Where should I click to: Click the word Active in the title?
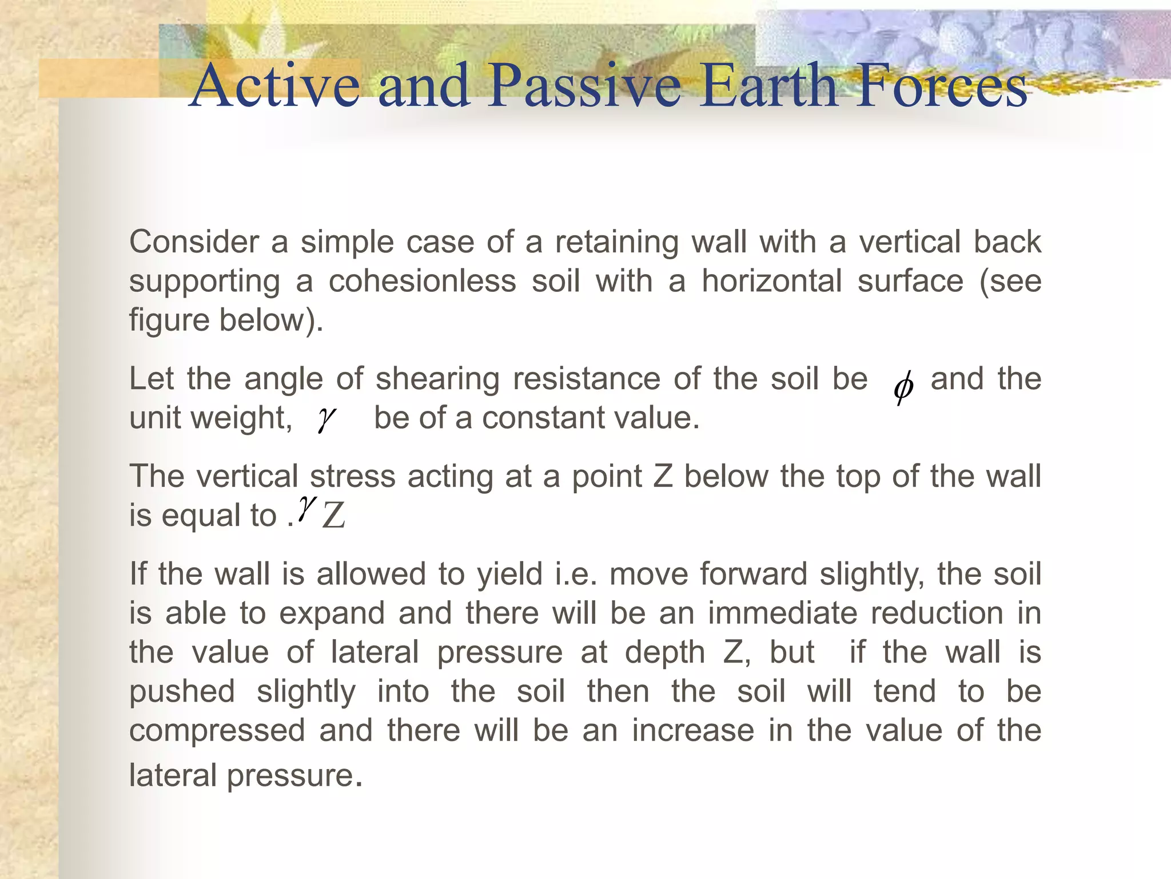274,86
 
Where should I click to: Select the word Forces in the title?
941,86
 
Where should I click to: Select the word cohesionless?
422,282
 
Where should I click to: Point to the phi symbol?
903,387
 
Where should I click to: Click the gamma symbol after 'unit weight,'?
326,419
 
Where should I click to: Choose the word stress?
352,477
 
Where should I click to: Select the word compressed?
217,731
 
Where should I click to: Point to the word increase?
692,731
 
